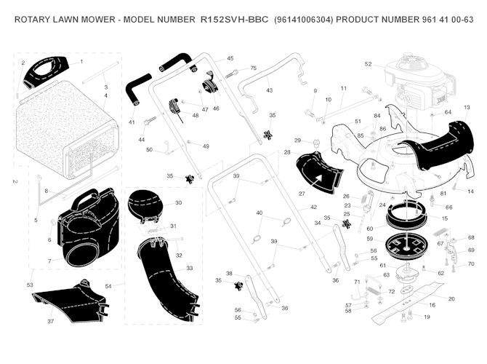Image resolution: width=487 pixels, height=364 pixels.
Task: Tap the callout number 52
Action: pos(369,64)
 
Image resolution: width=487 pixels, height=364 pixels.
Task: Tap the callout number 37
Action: pos(51,321)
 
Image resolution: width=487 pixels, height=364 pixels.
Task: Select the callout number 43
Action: pos(269,90)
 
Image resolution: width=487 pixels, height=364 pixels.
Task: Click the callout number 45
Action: pos(230,58)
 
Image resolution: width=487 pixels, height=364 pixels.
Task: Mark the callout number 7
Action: pos(50,261)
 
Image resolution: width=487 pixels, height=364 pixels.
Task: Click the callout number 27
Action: pos(302,194)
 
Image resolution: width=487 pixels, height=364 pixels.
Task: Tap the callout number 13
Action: pos(467,108)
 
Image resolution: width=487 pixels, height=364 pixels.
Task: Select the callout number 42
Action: pos(314,208)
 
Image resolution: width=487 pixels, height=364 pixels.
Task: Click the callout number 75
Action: pos(254,68)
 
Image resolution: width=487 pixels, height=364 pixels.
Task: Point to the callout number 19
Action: pos(427,317)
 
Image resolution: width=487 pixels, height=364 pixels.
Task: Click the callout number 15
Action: pos(445,218)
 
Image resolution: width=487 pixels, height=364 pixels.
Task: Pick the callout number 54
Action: pos(109,286)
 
